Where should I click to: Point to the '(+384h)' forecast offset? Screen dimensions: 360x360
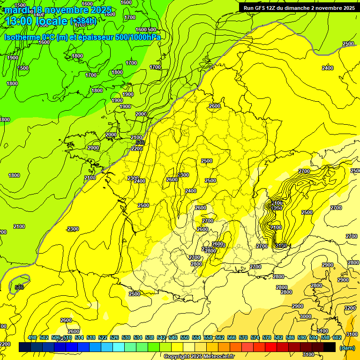83,21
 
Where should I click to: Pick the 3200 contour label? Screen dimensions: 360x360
350,308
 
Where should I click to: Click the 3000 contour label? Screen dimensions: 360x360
305,317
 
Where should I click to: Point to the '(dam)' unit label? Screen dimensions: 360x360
347,347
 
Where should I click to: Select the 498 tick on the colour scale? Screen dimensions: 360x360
32,337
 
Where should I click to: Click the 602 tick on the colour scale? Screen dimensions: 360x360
337,337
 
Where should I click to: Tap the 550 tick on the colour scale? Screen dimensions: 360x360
185,337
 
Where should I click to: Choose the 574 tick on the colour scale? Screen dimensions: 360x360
255,337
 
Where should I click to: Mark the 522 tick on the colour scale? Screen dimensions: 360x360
103,337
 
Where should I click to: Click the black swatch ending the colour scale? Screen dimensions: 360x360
330,347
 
